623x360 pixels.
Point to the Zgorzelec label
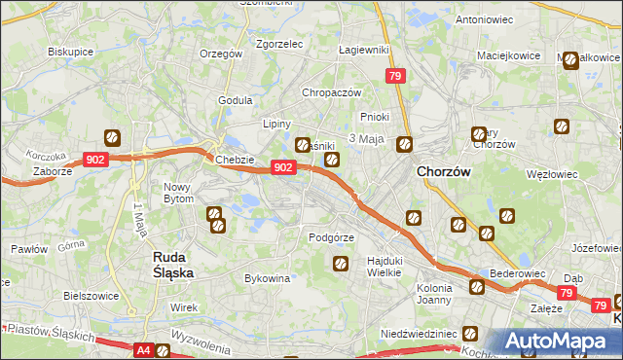click(x=280, y=44)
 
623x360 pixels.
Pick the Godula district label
click(x=236, y=99)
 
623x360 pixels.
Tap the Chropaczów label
click(x=332, y=92)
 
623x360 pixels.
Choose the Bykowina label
click(x=268, y=278)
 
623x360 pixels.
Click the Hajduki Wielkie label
click(x=385, y=267)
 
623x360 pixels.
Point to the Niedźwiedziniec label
click(x=420, y=333)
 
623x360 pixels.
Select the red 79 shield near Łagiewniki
click(x=394, y=77)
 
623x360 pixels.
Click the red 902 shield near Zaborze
click(x=94, y=160)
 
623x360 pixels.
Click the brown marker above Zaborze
click(x=112, y=138)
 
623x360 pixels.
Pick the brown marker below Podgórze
click(x=341, y=263)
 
